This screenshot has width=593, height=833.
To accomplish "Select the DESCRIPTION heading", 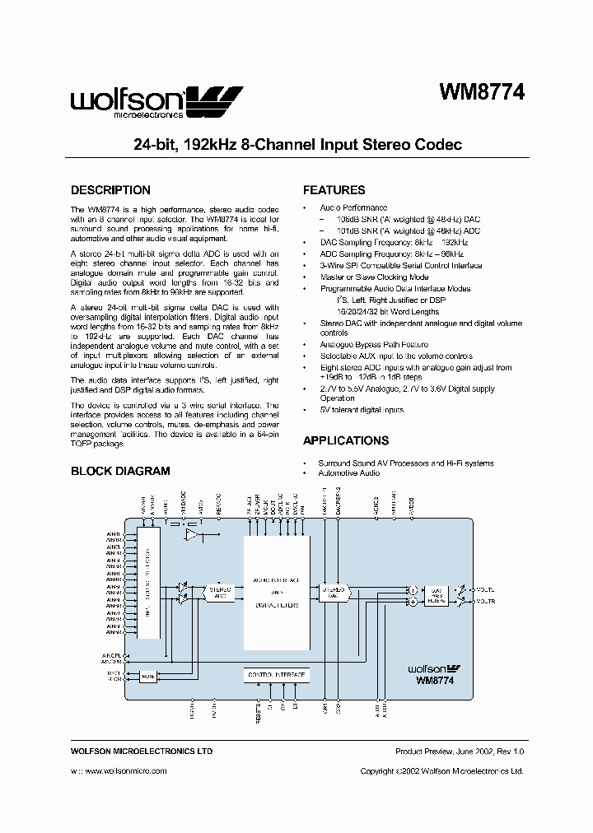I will pyautogui.click(x=110, y=190).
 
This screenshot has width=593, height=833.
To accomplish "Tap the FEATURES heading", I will pyautogui.click(x=334, y=190).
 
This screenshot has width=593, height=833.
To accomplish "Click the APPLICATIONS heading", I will pyautogui.click(x=346, y=440).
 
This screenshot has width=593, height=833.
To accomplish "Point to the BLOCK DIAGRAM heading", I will pyautogui.click(x=120, y=472).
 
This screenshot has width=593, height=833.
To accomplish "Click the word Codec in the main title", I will pyautogui.click(x=438, y=145).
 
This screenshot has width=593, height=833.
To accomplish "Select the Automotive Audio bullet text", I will pyautogui.click(x=350, y=473).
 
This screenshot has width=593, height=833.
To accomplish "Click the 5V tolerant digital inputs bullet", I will pyautogui.click(x=362, y=409).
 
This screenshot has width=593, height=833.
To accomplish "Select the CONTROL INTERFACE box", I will pyautogui.click(x=277, y=675).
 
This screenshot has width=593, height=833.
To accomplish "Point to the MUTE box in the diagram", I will pyautogui.click(x=148, y=676).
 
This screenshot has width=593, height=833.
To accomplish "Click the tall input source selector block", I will pyautogui.click(x=149, y=583).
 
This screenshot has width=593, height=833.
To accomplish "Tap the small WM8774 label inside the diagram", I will pyautogui.click(x=436, y=681).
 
